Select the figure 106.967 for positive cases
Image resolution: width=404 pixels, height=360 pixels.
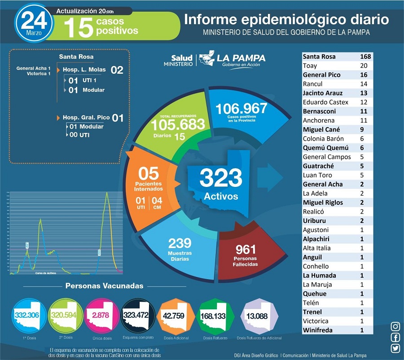pyautogui.click(x=241, y=109)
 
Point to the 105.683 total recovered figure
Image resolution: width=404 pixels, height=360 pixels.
pyautogui.click(x=178, y=124)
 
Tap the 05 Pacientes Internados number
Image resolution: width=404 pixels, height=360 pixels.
pyautogui.click(x=148, y=173)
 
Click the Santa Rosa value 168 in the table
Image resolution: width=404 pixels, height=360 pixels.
pyautogui.click(x=365, y=57)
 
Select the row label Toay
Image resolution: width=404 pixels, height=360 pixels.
pyautogui.click(x=310, y=66)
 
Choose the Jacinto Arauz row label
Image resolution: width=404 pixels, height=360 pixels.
pyautogui.click(x=323, y=93)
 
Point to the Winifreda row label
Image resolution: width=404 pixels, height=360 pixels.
pyautogui.click(x=318, y=330)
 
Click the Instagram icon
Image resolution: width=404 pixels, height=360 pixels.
pyautogui.click(x=395, y=327)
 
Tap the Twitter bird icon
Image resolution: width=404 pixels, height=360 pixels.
pyautogui.click(x=395, y=348)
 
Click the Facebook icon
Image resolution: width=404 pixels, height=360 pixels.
pyautogui.click(x=395, y=338)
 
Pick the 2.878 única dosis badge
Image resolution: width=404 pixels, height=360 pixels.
pyautogui.click(x=101, y=315)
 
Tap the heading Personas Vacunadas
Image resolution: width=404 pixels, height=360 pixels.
pyautogui.click(x=105, y=286)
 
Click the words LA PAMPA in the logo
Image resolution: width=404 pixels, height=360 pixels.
pyautogui.click(x=241, y=58)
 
